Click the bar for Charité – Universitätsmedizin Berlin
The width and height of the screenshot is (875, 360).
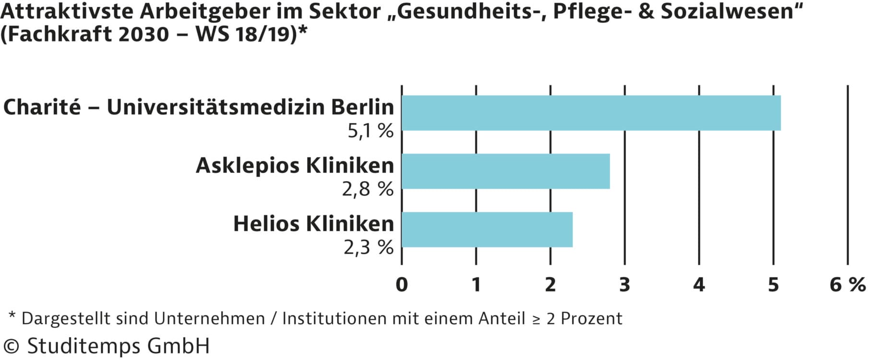click(591, 113)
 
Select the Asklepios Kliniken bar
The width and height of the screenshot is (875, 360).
click(505, 171)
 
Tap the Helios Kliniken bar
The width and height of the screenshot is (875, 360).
click(487, 229)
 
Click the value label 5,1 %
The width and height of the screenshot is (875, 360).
click(370, 131)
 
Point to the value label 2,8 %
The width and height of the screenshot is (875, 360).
click(367, 189)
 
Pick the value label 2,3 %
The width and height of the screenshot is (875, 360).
click(368, 247)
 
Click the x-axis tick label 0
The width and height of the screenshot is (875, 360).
click(402, 285)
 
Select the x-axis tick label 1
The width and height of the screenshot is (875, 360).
click(476, 285)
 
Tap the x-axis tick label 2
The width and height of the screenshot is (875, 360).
click(550, 285)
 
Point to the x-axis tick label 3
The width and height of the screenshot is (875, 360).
click(624, 285)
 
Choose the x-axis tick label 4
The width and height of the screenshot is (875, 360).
click(699, 285)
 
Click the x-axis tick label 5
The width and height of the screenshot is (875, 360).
click(773, 285)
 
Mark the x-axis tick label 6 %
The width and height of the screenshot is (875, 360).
click(848, 285)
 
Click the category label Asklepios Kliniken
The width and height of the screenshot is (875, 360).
click(295, 166)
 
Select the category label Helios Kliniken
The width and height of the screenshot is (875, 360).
click(313, 224)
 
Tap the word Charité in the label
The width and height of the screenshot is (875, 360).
click(42, 107)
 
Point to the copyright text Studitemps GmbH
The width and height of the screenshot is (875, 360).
click(118, 346)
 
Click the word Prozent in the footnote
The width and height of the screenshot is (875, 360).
click(591, 318)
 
